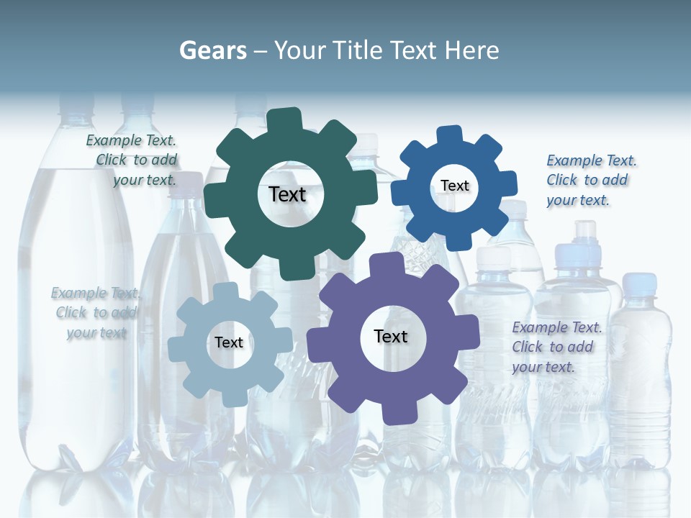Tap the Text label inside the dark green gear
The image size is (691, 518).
tap(287, 194)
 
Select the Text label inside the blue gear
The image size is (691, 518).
tap(454, 186)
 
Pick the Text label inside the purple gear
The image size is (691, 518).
tap(391, 336)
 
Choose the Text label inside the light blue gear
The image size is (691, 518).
tap(229, 342)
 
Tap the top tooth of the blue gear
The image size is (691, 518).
tap(450, 135)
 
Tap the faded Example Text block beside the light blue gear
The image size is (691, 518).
tap(95, 313)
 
